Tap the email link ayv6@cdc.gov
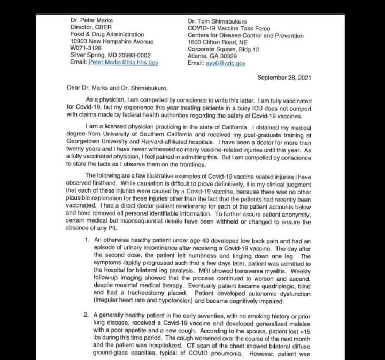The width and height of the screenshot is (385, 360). [225, 63]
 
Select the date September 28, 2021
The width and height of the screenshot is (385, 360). [284, 78]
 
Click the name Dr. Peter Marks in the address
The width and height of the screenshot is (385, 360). [91, 21]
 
